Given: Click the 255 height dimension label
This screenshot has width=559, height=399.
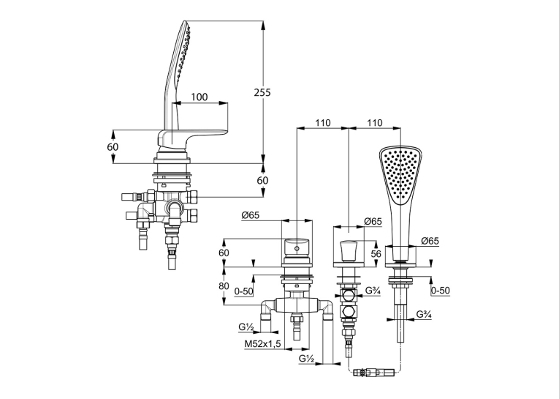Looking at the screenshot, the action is pyautogui.click(x=262, y=92).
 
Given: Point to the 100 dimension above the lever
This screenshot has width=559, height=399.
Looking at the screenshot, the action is pyautogui.click(x=199, y=97).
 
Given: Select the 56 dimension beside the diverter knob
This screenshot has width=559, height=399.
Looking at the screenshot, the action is pyautogui.click(x=376, y=253).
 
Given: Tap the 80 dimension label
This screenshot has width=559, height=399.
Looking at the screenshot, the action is pyautogui.click(x=224, y=286).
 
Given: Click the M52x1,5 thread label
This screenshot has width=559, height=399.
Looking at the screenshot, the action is pyautogui.click(x=263, y=344).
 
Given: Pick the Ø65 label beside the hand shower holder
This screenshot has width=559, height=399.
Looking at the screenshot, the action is pyautogui.click(x=430, y=241).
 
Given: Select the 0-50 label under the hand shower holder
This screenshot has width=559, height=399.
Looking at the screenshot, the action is pyautogui.click(x=441, y=291).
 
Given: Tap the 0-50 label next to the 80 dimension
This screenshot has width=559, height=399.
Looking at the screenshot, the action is pyautogui.click(x=244, y=291).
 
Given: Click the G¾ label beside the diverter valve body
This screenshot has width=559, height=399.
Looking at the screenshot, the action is pyautogui.click(x=373, y=291).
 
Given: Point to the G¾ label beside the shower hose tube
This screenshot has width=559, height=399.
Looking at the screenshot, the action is pyautogui.click(x=425, y=315).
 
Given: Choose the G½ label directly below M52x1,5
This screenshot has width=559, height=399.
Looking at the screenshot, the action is pyautogui.click(x=307, y=359).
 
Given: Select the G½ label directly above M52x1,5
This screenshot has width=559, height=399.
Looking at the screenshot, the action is pyautogui.click(x=246, y=327).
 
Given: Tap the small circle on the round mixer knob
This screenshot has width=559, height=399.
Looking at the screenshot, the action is pyautogui.click(x=296, y=247).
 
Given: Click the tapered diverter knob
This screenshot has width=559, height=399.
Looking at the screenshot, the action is pyautogui.click(x=349, y=251).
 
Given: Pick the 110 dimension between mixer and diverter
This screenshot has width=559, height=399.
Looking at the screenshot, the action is pyautogui.click(x=323, y=123).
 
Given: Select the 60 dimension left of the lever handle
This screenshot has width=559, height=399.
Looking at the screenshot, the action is pyautogui.click(x=113, y=147).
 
